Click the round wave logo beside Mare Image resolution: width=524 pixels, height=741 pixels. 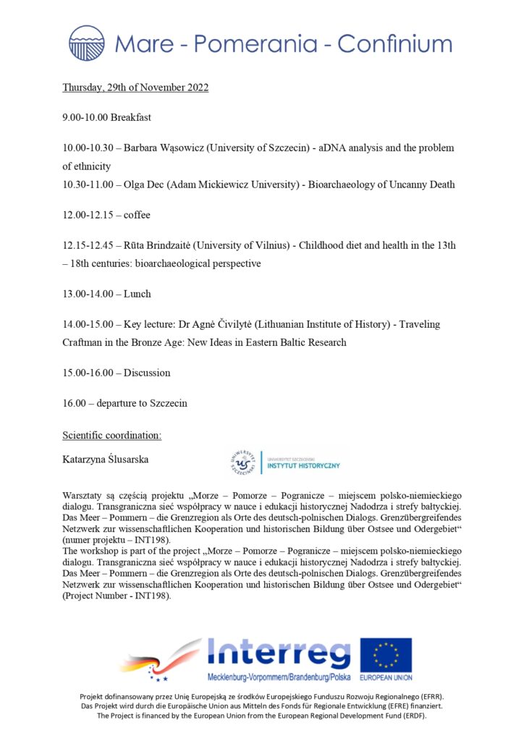87,43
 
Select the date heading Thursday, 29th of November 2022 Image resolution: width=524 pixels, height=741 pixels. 135,88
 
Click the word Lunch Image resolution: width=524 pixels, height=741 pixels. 137,295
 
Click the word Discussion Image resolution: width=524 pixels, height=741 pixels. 147,373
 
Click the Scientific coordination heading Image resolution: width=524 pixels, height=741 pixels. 112,435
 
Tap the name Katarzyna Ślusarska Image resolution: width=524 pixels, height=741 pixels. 109,459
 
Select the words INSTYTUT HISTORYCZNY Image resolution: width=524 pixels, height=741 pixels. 303,465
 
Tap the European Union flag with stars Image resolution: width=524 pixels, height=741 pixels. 386,655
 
